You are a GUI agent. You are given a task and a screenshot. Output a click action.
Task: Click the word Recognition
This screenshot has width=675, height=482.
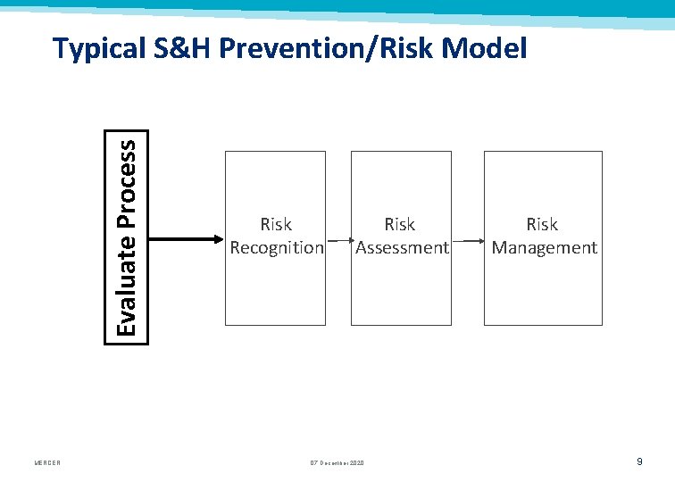point(277,248)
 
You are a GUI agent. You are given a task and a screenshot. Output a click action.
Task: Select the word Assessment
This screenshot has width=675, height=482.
point(402,248)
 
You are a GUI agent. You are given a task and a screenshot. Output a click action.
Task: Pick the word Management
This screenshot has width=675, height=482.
point(544,248)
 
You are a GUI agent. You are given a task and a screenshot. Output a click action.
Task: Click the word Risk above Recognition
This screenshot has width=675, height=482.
point(276,224)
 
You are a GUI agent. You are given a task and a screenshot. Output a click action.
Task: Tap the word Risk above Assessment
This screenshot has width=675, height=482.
point(400,224)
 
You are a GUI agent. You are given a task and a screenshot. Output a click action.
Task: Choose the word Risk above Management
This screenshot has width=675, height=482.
point(542,224)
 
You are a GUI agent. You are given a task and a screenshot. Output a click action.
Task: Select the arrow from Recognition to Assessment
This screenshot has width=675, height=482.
point(338,240)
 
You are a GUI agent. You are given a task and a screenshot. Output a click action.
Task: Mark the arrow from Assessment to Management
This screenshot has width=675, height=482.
point(467,240)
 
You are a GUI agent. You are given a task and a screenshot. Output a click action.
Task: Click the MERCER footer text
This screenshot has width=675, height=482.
point(47,462)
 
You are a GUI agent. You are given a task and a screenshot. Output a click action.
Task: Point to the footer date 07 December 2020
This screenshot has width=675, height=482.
point(337,462)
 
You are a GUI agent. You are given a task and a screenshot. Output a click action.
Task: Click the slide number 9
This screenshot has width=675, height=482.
point(639,461)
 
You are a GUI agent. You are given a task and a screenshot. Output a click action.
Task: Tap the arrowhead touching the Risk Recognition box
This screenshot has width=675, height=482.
point(218,238)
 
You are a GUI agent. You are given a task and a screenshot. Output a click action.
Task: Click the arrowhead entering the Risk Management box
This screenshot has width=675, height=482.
point(480,240)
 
